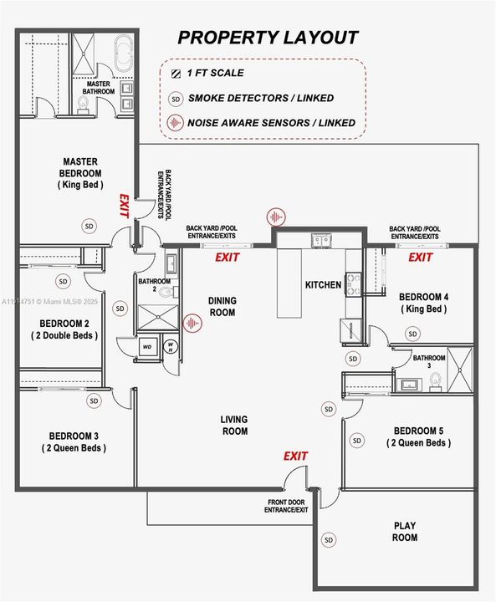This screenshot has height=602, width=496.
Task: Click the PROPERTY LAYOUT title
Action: [x=268, y=38]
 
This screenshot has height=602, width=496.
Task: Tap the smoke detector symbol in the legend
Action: [x=176, y=98]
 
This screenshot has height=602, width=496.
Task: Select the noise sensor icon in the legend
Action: [x=176, y=122]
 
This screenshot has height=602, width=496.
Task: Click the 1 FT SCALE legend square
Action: [x=175, y=74]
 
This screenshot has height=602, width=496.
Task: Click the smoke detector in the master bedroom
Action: [x=89, y=225]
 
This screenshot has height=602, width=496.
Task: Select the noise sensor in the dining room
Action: [x=193, y=323]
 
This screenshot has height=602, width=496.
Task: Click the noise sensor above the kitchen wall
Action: [x=275, y=217]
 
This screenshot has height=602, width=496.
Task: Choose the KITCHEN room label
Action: [x=323, y=285]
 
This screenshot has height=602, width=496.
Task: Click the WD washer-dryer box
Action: [x=148, y=346]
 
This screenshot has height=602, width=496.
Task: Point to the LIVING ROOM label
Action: [x=234, y=426]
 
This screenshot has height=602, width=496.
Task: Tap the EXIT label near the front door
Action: [x=295, y=456]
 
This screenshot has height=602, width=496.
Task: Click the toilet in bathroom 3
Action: [x=434, y=380]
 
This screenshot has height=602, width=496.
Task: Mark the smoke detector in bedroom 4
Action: [x=412, y=334]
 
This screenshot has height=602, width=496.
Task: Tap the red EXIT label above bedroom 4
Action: [x=420, y=258]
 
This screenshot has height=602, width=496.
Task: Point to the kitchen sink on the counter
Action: [x=320, y=242]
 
